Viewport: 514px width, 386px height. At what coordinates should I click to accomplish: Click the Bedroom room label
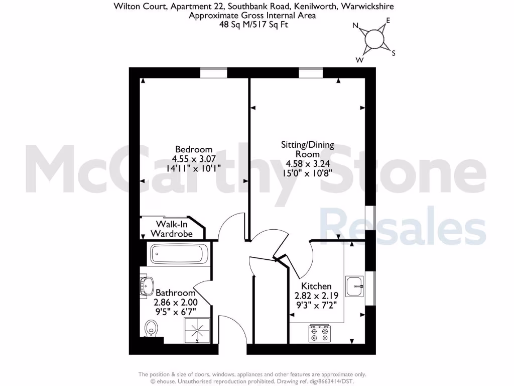coord(193,149)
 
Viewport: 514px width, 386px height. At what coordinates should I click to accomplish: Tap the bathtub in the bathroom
coord(178,253)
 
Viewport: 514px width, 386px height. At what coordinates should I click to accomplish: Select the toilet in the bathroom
coord(151,329)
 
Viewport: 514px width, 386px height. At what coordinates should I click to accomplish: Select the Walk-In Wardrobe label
coord(172,229)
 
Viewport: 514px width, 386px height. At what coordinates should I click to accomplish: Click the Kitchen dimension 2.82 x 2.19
coord(313,296)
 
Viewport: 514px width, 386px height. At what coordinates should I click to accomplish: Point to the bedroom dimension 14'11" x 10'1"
coord(193,168)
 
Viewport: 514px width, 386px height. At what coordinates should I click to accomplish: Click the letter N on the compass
coord(356,26)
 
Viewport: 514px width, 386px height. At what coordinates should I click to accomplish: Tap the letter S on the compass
coord(394,53)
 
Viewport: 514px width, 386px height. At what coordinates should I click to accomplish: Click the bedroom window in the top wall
coord(214,73)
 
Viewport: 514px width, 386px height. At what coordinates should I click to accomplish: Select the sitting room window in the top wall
coord(311,73)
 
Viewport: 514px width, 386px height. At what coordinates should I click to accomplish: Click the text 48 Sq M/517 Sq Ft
coord(253,24)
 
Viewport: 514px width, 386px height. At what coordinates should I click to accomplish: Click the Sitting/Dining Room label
coord(308,149)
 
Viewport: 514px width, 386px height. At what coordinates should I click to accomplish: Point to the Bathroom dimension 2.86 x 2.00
coord(176,302)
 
